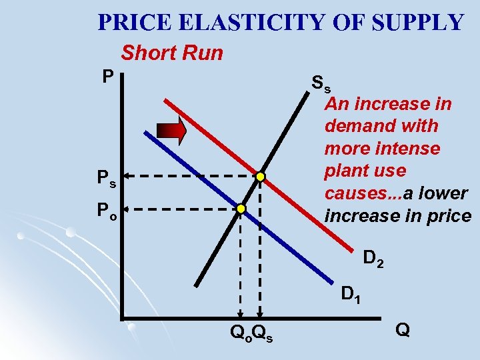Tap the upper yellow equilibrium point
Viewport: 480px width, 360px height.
(261, 177)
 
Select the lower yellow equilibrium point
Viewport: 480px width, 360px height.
(241, 209)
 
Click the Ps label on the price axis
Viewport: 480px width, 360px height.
(106, 178)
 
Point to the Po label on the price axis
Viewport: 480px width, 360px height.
(106, 210)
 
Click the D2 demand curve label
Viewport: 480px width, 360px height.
(373, 257)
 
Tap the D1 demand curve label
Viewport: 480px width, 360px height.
(351, 293)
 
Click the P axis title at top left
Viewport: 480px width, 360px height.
(107, 77)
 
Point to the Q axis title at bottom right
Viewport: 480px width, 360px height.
(403, 329)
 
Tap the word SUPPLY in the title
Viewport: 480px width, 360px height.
(417, 23)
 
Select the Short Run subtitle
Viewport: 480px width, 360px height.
(171, 53)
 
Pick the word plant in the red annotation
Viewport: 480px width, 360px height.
(348, 171)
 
